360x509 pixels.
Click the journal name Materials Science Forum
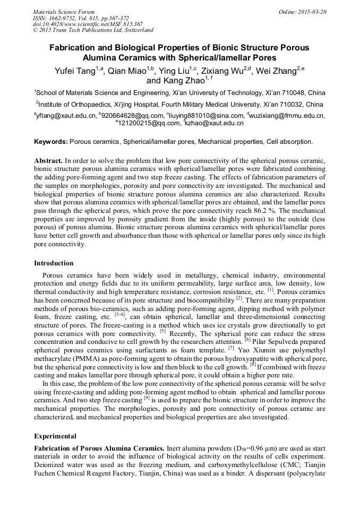(x=64, y=11)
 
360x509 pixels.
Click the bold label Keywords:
(x=50, y=142)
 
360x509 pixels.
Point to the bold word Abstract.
(x=48, y=160)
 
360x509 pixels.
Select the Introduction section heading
(x=54, y=263)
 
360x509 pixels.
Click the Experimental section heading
(x=55, y=436)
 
